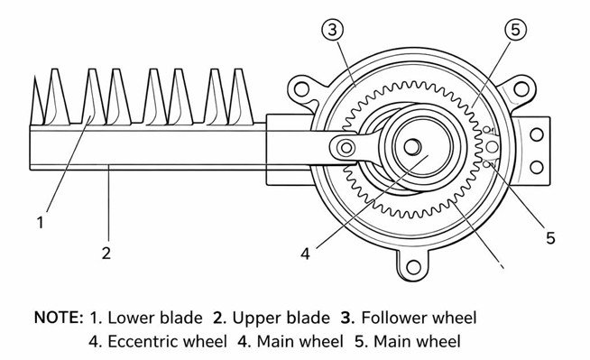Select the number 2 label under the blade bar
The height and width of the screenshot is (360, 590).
click(x=106, y=253)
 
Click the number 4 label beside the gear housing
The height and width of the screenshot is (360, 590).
click(x=305, y=254)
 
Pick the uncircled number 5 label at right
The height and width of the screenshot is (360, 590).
click(x=549, y=238)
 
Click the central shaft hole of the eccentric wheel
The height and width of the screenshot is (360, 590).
click(x=411, y=145)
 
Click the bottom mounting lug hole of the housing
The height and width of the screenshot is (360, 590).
click(x=414, y=266)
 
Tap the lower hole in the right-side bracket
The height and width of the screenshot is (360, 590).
click(x=536, y=165)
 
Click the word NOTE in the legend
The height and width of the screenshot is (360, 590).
click(x=56, y=318)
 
